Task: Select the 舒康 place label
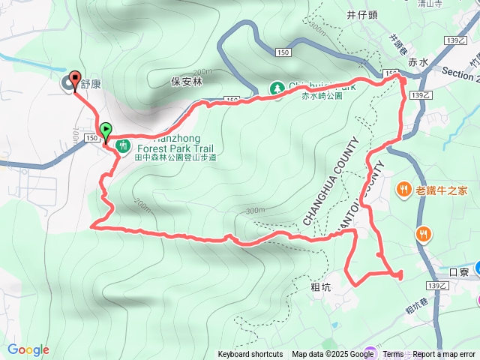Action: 91,84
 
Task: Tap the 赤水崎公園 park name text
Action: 322,96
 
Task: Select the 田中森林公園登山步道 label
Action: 175,157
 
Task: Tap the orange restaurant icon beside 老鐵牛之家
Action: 404,189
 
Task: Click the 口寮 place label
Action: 458,272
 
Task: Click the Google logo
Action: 28,349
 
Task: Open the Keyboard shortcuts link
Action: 250,355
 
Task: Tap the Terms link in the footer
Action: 393,355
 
